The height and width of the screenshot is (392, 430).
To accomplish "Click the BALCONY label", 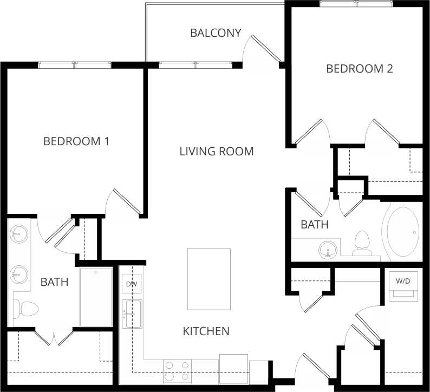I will coord(216,33).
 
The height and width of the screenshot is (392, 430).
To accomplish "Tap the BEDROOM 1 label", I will coord(76,141).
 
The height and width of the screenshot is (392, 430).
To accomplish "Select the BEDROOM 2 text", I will coord(359,69).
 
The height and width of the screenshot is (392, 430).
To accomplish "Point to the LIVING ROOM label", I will coord(217,151).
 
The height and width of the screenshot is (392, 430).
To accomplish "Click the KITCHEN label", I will coord(206,331).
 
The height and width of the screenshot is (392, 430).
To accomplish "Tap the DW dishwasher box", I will coord(132,284).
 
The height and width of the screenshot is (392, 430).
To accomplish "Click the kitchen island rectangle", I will coord(209,279).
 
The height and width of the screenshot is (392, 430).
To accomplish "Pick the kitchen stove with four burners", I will coord(178,371).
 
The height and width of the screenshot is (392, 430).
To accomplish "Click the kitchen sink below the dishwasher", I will coord(132,314).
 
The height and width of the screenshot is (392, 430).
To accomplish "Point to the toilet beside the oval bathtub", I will coord(361,243).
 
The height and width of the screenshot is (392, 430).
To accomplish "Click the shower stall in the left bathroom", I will coord(96,296).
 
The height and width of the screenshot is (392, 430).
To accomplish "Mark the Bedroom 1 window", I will coord(75,66).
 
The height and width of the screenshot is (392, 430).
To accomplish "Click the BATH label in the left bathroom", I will coord(54,282).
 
